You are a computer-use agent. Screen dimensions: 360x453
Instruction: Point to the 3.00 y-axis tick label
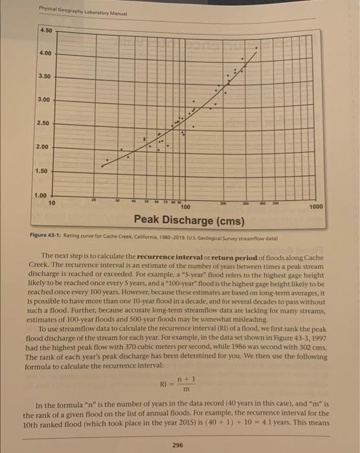(43, 100)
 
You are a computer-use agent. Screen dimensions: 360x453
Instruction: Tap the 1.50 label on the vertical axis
(41, 171)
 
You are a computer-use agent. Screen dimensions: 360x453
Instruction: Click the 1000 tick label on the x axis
(317, 206)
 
